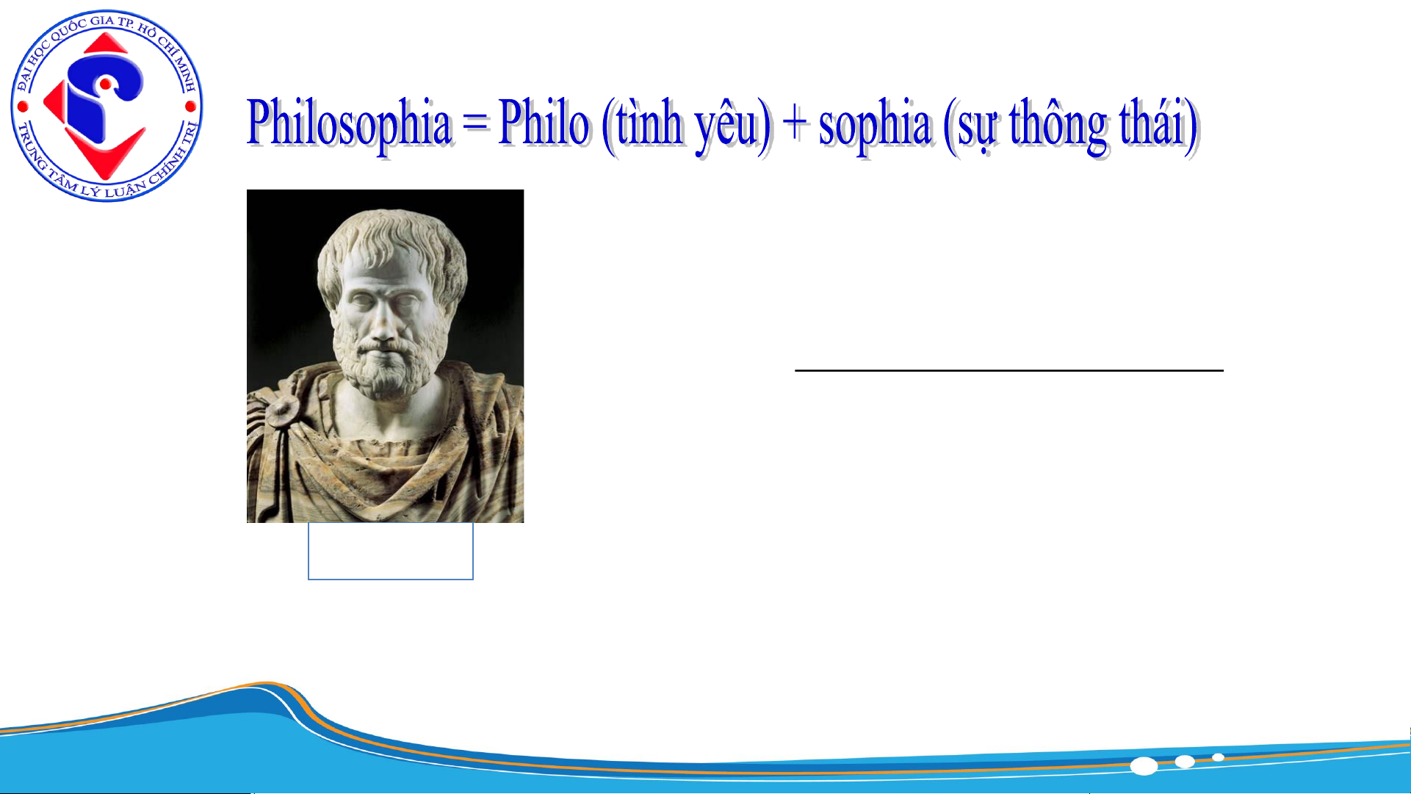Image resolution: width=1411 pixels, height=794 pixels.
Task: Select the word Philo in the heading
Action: [x=544, y=123]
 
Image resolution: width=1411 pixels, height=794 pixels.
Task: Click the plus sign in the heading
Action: [x=794, y=123]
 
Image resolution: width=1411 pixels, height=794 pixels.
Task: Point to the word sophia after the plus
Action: [x=875, y=126]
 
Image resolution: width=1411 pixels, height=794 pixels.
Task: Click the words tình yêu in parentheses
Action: [x=686, y=126]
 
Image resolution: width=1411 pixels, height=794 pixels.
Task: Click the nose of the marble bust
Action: [x=383, y=323]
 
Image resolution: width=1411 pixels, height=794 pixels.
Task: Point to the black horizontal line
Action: [x=1009, y=370]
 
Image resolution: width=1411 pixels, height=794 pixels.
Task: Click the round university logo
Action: [x=107, y=107]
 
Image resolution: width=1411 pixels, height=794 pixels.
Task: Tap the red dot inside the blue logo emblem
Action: [x=106, y=85]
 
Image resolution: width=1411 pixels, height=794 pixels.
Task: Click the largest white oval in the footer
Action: [x=1144, y=766]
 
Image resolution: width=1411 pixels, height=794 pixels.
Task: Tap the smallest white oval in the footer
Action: [x=1218, y=757]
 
